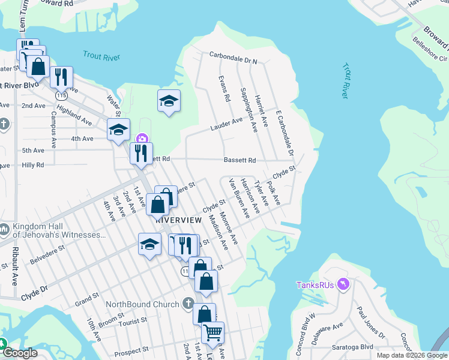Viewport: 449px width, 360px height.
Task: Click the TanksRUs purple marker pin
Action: (343, 284)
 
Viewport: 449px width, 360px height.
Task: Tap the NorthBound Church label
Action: (142, 304)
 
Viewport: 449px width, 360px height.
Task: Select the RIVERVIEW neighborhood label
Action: (178, 220)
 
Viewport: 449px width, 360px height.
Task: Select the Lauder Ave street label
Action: (226, 124)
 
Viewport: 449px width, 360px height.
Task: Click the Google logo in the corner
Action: (20, 353)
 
